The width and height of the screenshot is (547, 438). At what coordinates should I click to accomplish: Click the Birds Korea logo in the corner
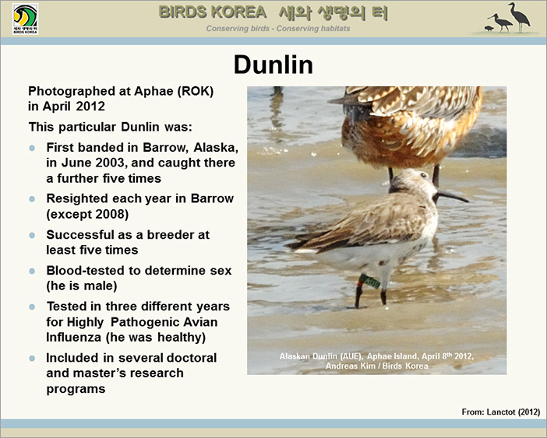(25, 19)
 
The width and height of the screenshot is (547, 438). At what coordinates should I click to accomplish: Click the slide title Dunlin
(273, 65)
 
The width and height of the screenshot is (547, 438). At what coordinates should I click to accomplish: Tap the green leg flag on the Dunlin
(370, 282)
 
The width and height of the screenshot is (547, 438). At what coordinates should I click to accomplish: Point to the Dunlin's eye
(423, 175)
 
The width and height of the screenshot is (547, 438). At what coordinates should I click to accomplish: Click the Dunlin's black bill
(452, 196)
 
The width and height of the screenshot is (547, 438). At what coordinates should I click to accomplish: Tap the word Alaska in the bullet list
(216, 148)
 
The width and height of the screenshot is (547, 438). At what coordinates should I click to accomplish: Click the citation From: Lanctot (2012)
(500, 412)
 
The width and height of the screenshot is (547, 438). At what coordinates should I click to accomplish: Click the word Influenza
(73, 337)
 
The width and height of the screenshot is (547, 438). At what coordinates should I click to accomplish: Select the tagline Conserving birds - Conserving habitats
(278, 29)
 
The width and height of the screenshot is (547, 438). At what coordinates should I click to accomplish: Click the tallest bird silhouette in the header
(520, 17)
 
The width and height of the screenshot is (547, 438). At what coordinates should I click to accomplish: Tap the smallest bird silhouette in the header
(489, 29)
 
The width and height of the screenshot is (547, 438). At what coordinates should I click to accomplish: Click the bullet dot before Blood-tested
(32, 271)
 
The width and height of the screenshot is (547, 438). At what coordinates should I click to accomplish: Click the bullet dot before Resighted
(32, 199)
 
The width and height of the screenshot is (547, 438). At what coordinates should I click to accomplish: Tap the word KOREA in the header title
(239, 12)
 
